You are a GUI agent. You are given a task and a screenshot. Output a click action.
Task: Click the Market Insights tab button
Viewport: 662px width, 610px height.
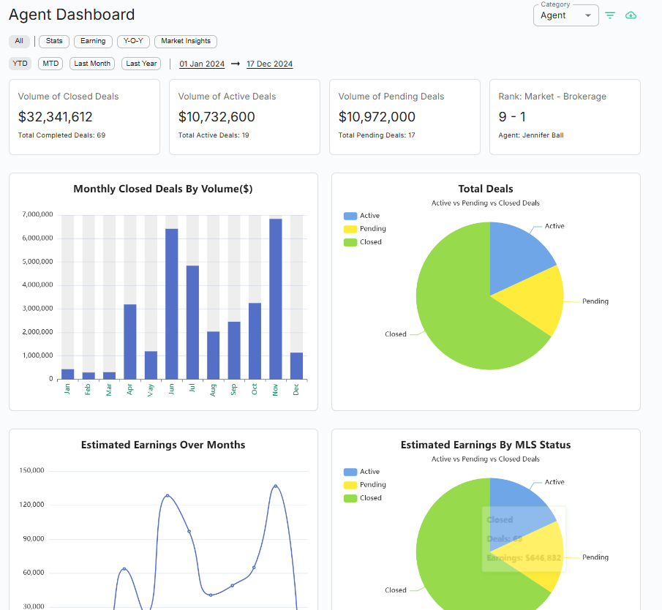point(186,42)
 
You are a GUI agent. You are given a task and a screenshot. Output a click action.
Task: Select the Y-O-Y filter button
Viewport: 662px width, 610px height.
point(132,42)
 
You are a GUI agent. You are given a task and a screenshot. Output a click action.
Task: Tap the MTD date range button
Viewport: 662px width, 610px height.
point(50,64)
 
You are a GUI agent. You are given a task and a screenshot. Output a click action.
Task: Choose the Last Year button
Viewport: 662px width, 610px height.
point(141,64)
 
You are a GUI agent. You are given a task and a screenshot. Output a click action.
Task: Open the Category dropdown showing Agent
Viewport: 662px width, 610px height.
point(565,15)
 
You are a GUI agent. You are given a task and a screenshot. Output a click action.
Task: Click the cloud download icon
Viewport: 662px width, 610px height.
point(631,15)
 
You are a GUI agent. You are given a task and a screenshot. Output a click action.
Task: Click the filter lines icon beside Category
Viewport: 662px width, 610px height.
point(610,15)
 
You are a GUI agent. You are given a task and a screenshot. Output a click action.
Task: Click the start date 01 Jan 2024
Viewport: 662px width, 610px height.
point(202,64)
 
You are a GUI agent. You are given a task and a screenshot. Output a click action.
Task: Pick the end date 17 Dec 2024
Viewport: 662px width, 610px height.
point(269,64)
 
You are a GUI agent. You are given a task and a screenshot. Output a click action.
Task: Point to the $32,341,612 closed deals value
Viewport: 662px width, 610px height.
point(56,116)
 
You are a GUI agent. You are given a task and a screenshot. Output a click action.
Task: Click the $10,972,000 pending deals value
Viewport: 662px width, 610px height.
point(377,116)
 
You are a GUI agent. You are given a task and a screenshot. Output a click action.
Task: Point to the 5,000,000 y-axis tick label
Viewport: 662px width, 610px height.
point(37,262)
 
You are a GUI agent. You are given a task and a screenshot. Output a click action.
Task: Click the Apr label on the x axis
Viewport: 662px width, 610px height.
point(130,389)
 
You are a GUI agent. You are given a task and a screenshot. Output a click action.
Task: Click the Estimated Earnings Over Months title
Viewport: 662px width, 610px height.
point(163,445)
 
